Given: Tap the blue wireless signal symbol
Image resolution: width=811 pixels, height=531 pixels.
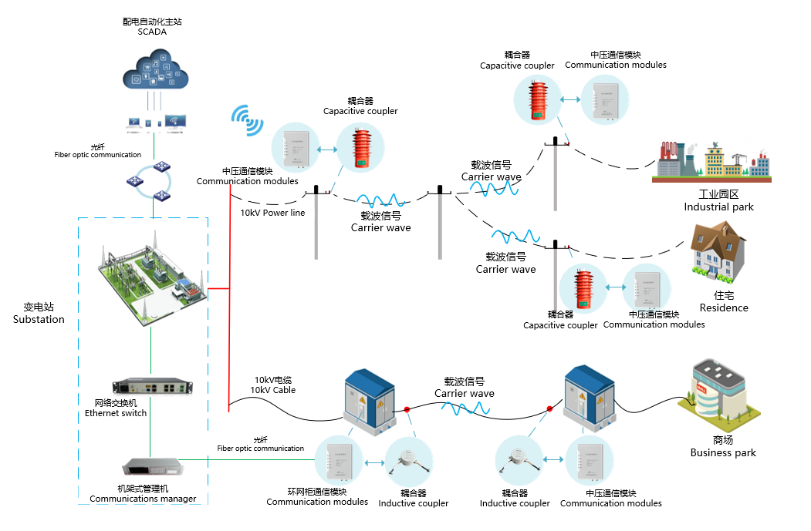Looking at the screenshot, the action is coord(247,120).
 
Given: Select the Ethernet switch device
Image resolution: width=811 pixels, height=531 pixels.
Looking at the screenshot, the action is coord(153,386).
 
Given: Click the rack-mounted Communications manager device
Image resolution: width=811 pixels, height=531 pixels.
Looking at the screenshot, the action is coord(153,466).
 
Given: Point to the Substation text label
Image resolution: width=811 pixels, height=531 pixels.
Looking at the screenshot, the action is coord(39,314).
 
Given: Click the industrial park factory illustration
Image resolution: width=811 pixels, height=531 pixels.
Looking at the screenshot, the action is coord(711,161).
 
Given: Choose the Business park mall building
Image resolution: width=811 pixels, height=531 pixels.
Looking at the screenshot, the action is coord(720,394).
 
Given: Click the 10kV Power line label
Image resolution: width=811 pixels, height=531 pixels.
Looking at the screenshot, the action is coord(272,213).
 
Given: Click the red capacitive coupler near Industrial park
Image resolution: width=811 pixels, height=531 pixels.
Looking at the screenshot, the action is coord(538,99).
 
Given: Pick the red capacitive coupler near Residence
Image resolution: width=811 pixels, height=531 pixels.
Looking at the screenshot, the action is coord(584,289).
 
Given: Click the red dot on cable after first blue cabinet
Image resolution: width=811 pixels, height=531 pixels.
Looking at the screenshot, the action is coord(407,409).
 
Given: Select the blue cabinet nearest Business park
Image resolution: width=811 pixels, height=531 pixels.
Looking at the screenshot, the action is coord(590,398).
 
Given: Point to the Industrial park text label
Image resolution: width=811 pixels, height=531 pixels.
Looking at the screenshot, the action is coord(718,200).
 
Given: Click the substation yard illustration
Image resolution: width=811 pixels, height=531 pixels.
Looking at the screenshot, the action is coord(153,280).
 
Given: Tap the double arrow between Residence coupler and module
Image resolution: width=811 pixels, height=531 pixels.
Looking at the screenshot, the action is coord(616,287).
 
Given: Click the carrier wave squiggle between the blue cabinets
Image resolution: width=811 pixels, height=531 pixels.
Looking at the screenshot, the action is coord(465,408).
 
